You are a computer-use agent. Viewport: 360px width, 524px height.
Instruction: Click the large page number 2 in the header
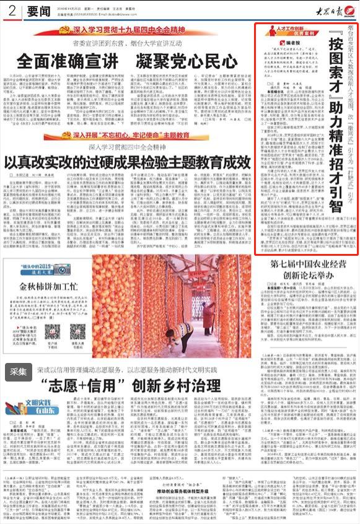tap(12, 11)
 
